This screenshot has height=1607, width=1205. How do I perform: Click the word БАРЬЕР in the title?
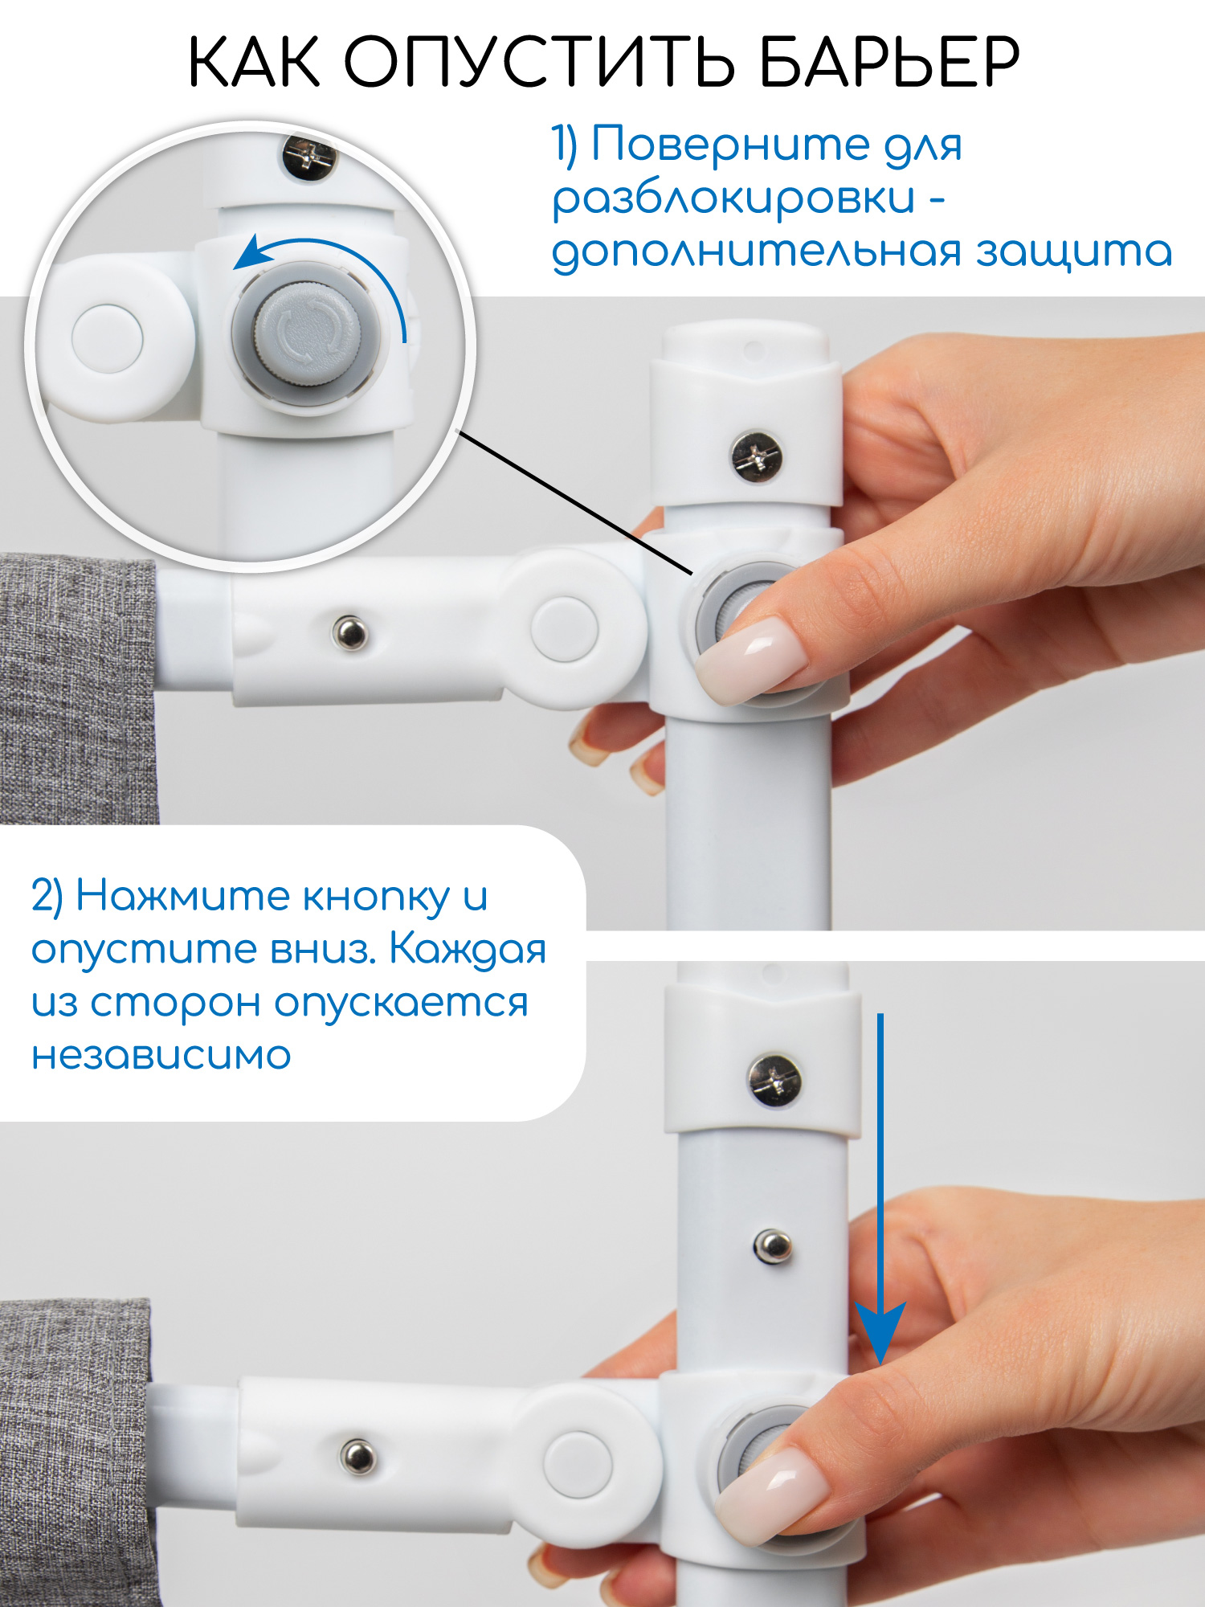click(x=889, y=62)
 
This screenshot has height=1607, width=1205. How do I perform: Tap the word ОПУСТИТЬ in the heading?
click(x=539, y=62)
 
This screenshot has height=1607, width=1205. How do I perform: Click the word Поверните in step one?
click(x=731, y=145)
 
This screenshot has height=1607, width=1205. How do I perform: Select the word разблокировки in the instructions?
click(x=733, y=198)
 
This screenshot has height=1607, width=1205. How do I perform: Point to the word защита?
click(x=1074, y=251)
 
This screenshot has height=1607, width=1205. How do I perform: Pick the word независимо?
click(x=161, y=1055)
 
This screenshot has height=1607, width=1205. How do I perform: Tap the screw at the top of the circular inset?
click(x=310, y=157)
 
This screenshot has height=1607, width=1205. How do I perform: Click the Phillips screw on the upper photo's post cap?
click(x=757, y=457)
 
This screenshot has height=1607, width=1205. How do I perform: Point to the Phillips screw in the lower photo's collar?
click(x=774, y=1081)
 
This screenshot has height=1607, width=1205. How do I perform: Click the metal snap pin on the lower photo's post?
click(x=773, y=1245)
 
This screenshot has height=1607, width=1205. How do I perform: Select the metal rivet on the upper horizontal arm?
click(x=350, y=632)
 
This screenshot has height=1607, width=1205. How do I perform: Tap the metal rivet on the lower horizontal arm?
click(x=357, y=1455)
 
